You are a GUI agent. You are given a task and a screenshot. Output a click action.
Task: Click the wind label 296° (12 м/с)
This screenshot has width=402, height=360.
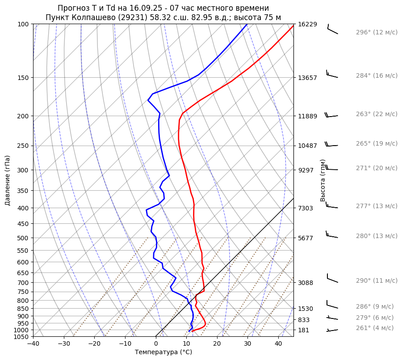pyautogui.click(x=377, y=32)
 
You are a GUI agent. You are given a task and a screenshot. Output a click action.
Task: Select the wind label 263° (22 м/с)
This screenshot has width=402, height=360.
pyautogui.click(x=377, y=114)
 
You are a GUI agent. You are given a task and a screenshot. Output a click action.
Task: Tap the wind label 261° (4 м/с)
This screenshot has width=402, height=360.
pyautogui.click(x=375, y=328)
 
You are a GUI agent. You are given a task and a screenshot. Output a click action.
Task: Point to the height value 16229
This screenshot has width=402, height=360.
pyautogui.click(x=307, y=24)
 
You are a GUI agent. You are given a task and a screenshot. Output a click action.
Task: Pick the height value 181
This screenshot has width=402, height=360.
pyautogui.click(x=304, y=330)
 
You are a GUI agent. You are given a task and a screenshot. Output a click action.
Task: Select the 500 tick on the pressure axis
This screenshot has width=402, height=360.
pyautogui.click(x=23, y=238)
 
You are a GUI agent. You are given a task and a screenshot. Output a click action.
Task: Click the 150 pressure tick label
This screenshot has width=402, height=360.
pyautogui.click(x=23, y=78)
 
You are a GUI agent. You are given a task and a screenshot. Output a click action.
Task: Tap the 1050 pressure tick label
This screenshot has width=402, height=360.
pyautogui.click(x=21, y=337)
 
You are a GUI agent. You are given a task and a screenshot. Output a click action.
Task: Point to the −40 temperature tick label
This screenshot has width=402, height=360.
pyautogui.click(x=33, y=344)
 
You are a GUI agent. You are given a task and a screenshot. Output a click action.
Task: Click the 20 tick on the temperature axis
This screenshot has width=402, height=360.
pyautogui.click(x=217, y=344)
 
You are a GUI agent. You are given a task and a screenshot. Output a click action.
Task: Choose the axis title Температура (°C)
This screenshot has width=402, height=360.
pyautogui.click(x=163, y=352)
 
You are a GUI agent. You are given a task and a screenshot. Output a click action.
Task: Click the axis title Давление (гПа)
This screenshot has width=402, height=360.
pyautogui.click(x=8, y=180)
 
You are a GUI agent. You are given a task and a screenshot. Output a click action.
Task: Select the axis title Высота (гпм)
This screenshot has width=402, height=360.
pyautogui.click(x=323, y=180)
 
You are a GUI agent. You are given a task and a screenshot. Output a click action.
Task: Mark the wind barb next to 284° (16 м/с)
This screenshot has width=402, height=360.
pyautogui.click(x=332, y=75)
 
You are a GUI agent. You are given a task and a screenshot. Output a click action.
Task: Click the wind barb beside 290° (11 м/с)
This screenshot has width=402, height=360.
pyautogui.click(x=332, y=279)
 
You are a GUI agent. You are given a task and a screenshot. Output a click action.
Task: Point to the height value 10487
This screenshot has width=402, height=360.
pyautogui.click(x=307, y=146)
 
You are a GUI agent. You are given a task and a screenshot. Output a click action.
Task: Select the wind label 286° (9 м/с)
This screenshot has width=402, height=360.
pyautogui.click(x=375, y=306)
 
